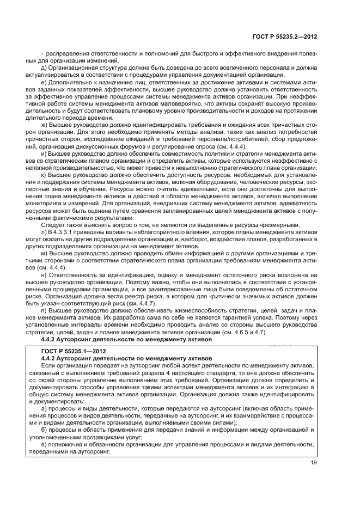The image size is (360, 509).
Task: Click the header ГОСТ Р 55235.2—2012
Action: click(x=284, y=37)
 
